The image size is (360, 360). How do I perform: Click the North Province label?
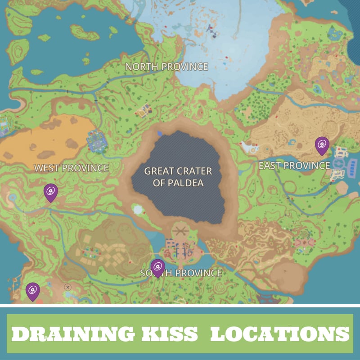[x=166, y=67]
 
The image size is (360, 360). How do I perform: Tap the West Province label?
[x=72, y=168]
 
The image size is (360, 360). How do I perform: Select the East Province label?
[x=294, y=166]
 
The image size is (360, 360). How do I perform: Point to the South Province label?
[x=181, y=273]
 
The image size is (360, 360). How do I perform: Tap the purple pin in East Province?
[x=322, y=145]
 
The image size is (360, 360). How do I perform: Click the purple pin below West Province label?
[x=50, y=192]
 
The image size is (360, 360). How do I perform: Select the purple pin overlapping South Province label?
[x=157, y=267]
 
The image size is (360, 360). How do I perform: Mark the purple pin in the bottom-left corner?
[x=32, y=291]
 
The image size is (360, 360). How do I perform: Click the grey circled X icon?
[x=67, y=287]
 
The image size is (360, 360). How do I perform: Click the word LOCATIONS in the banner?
[x=279, y=334]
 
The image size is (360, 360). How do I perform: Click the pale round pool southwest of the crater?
[x=138, y=210]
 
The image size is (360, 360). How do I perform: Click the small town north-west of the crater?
[x=144, y=110]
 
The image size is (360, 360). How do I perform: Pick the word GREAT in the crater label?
[x=158, y=171]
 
